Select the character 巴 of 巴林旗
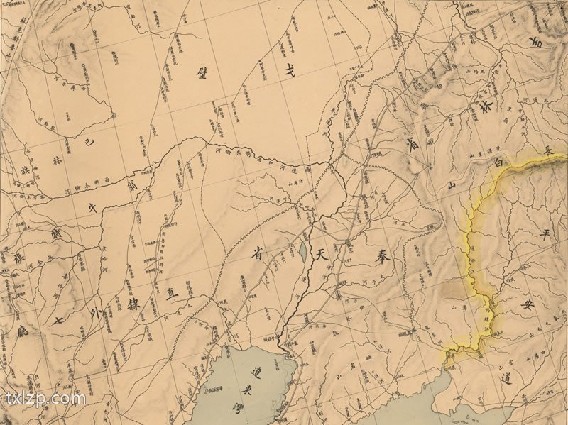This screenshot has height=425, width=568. tap(88, 142)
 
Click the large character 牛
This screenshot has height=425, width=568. tap(92, 206)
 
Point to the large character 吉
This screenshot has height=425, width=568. tap(550, 44)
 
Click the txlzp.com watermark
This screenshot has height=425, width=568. tap(45, 398)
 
